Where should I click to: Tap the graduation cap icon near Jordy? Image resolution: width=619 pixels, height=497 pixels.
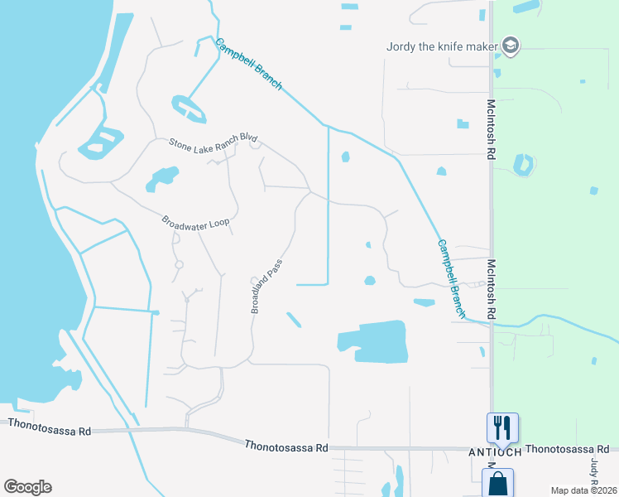click(x=511, y=45)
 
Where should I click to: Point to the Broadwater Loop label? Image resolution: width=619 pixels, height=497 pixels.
click(x=194, y=223)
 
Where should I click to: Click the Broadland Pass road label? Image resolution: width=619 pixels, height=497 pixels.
click(x=266, y=288)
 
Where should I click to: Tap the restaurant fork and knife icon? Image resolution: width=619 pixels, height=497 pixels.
click(x=502, y=427)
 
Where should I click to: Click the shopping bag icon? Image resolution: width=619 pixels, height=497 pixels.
click(x=498, y=484)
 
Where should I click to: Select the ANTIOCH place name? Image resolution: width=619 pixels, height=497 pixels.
click(x=495, y=452)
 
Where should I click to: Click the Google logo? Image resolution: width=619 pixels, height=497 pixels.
click(x=27, y=487)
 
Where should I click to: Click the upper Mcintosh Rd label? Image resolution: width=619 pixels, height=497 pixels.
click(x=491, y=129)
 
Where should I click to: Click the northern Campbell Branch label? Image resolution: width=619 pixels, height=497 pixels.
click(x=248, y=65)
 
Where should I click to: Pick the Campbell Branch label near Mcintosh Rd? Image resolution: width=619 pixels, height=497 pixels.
click(x=452, y=278)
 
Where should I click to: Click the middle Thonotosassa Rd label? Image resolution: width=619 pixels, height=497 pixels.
click(x=286, y=446)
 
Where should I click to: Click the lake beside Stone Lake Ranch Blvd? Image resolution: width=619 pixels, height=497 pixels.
click(x=162, y=177)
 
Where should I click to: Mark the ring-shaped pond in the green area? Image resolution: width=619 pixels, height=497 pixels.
click(x=522, y=164)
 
